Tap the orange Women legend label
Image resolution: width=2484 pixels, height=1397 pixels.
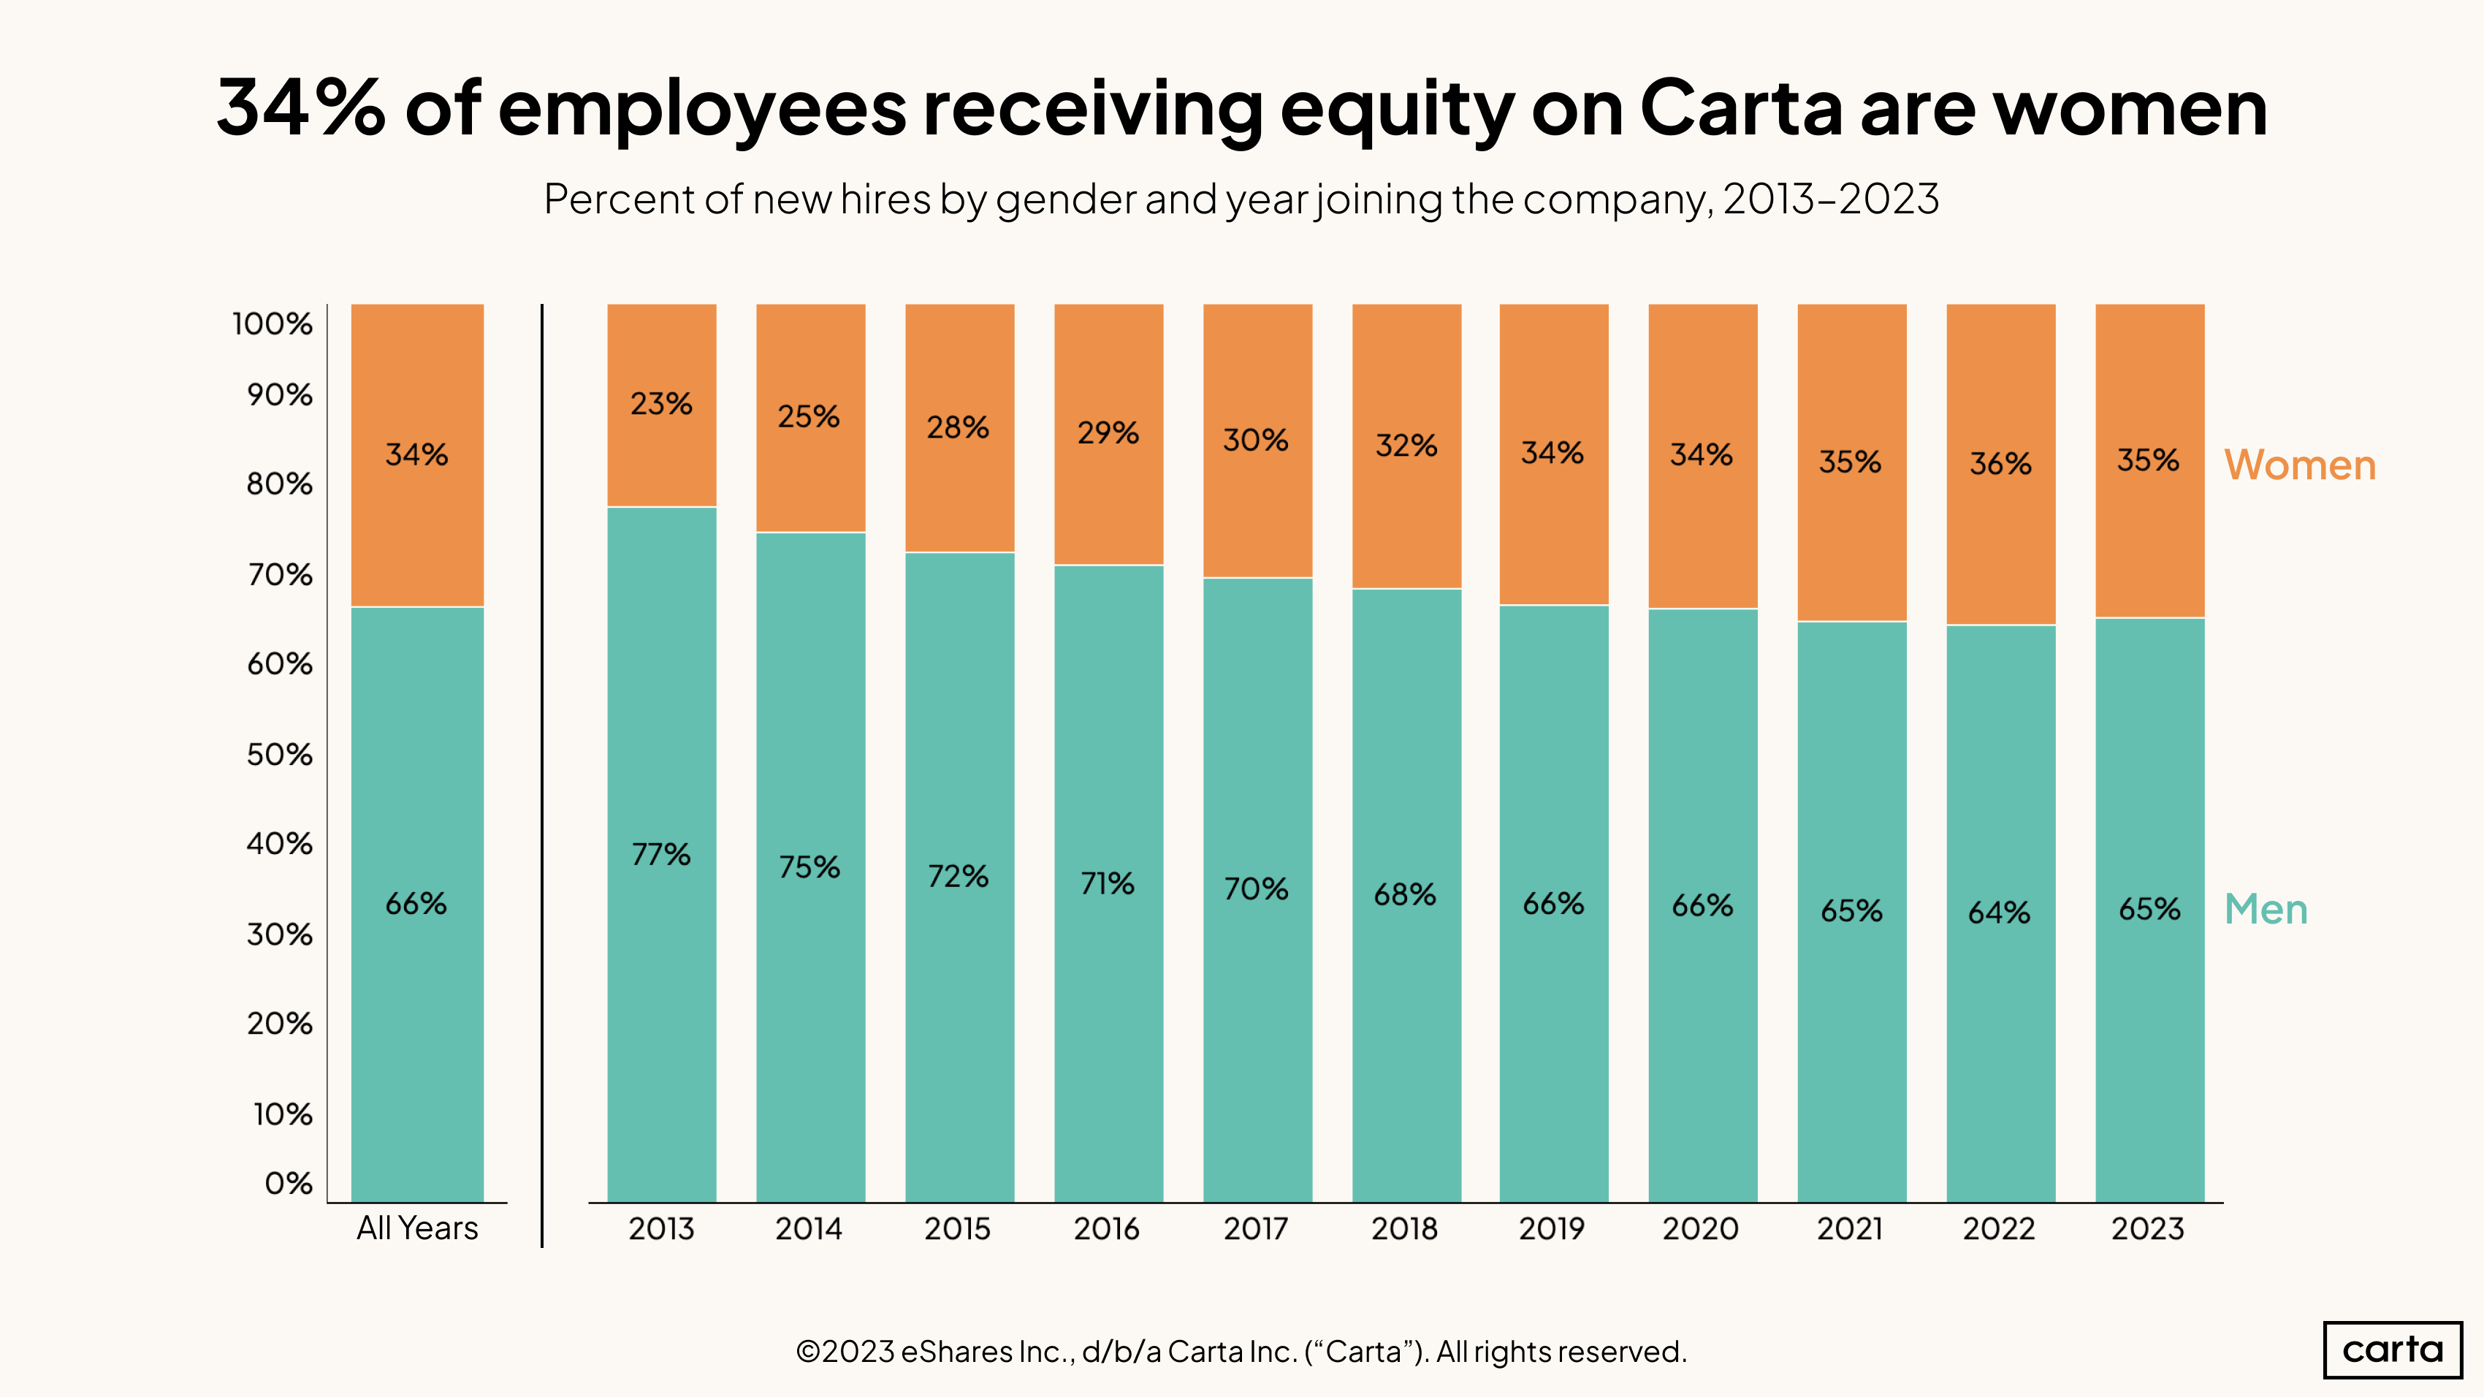click(2300, 465)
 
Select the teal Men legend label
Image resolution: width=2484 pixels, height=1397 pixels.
click(2265, 909)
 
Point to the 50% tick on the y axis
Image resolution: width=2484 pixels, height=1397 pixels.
click(280, 754)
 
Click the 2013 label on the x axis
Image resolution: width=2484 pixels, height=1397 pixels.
click(661, 1228)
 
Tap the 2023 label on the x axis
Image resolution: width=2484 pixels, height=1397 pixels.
click(2147, 1228)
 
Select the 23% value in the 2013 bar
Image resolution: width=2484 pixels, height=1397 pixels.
click(661, 403)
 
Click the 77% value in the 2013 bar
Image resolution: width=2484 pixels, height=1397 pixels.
click(661, 854)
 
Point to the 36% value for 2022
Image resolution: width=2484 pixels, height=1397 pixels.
click(2000, 464)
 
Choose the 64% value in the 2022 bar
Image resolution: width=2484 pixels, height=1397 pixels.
click(1999, 912)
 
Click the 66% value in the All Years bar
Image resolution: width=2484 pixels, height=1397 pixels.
click(416, 903)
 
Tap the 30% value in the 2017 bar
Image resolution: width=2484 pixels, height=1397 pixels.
click(1255, 440)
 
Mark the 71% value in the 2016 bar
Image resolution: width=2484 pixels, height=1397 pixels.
click(1107, 883)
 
